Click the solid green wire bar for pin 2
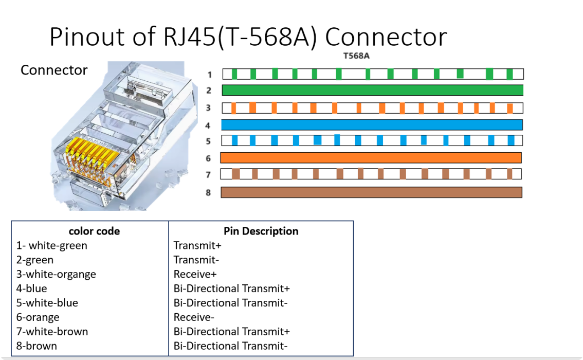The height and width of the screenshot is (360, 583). tap(372, 91)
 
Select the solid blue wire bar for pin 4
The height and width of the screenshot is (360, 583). tap(372, 125)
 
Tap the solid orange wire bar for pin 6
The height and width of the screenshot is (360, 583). tap(371, 158)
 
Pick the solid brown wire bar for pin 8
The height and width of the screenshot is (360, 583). tap(371, 192)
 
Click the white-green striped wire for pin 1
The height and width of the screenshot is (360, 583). tap(373, 74)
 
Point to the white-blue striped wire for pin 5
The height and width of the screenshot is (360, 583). tap(372, 140)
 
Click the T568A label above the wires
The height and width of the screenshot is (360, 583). tap(356, 56)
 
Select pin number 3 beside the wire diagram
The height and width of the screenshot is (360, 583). tap(208, 108)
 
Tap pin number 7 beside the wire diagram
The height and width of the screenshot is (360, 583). tap(208, 175)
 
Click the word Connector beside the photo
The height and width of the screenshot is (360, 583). tap(54, 70)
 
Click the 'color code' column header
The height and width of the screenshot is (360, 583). tap(94, 231)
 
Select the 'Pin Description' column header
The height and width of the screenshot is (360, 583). tap(261, 231)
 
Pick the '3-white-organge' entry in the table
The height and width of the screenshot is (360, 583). tap(56, 274)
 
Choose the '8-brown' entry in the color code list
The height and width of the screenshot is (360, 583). tap(37, 346)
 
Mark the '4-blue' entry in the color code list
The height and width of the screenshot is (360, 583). tap(31, 289)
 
